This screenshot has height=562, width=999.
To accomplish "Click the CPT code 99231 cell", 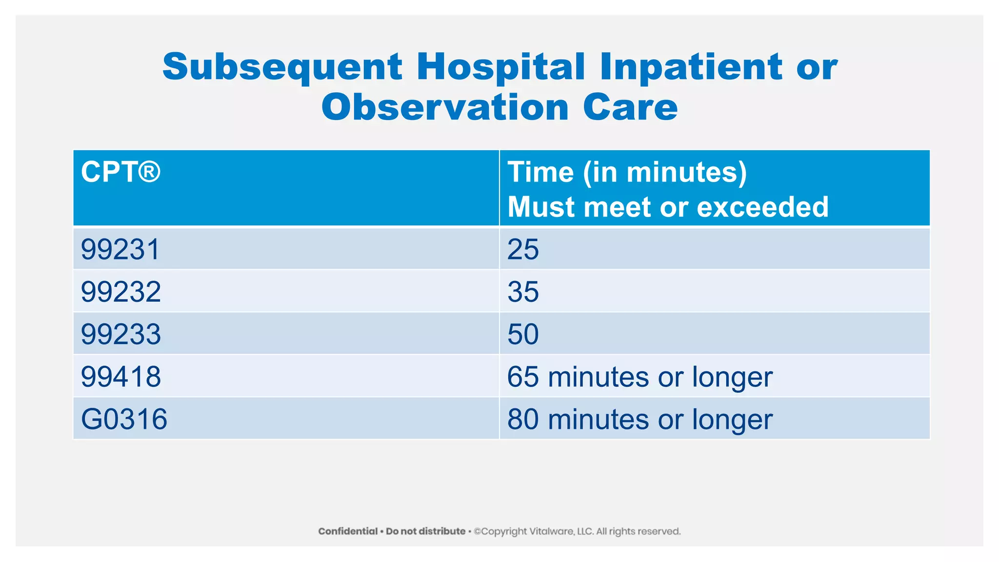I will [x=120, y=249].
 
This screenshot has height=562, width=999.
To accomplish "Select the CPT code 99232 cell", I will [x=120, y=292].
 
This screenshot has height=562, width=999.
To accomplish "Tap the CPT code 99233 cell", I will [x=120, y=334].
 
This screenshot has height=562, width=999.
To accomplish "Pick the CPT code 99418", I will [x=120, y=377].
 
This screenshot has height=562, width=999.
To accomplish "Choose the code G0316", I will [x=124, y=419].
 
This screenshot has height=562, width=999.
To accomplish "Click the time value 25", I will [x=523, y=249].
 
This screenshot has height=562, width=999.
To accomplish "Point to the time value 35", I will [x=523, y=292].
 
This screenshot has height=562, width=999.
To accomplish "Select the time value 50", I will [x=523, y=334].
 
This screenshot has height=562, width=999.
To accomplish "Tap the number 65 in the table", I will [x=523, y=377].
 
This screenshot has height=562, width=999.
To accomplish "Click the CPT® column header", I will [x=120, y=172].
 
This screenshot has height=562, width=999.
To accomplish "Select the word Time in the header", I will [x=540, y=172].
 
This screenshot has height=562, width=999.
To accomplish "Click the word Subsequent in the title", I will [x=282, y=67].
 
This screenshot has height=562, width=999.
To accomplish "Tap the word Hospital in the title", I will [x=500, y=67].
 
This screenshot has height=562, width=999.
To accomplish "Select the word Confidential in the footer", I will [x=348, y=531].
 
